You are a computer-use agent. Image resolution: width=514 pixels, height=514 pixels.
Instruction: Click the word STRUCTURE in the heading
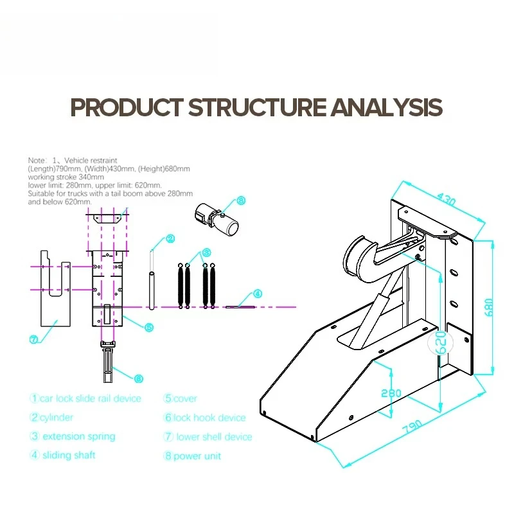(x=258, y=107)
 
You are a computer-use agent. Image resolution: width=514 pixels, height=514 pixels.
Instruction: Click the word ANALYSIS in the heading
(x=387, y=107)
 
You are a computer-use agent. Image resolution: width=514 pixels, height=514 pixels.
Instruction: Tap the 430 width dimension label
(x=446, y=199)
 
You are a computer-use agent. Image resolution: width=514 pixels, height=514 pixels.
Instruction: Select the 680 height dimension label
(x=488, y=307)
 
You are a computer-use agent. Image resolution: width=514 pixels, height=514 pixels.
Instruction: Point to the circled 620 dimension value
(x=441, y=342)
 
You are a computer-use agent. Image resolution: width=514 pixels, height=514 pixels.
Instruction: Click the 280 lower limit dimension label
(x=391, y=393)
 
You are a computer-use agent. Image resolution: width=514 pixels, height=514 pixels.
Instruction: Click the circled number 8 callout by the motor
(x=241, y=200)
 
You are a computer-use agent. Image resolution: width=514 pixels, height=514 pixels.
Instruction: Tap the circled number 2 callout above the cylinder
(x=170, y=238)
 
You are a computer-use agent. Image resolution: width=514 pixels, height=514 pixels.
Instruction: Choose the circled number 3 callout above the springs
(x=206, y=253)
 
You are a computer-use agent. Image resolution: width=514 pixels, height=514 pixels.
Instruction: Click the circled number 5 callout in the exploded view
(x=149, y=327)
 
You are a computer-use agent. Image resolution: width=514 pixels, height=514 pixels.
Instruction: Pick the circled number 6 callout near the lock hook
(x=139, y=379)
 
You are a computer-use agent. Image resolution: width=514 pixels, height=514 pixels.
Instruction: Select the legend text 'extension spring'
(x=79, y=437)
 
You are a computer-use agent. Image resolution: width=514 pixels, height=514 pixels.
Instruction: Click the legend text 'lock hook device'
(x=209, y=418)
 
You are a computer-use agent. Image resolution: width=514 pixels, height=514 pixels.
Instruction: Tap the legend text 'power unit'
(x=197, y=456)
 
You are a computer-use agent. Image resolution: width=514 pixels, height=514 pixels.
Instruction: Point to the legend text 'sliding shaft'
(x=69, y=455)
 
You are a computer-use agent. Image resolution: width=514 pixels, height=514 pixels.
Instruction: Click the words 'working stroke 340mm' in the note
(x=66, y=177)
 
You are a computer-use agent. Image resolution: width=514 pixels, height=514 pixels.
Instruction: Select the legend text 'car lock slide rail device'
(x=91, y=398)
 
